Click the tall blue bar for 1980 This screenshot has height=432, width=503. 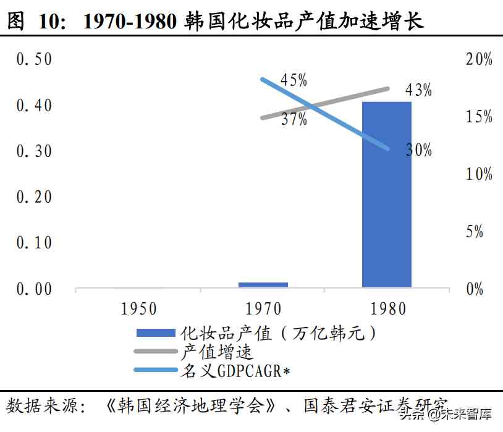(x=386, y=194)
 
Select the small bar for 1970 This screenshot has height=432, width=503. (x=263, y=285)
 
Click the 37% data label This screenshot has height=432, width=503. (x=294, y=119)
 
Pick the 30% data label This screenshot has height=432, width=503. (x=418, y=150)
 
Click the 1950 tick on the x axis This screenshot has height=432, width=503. (x=138, y=308)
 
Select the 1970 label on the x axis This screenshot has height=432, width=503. (x=263, y=308)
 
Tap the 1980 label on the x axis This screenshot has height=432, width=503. (x=387, y=308)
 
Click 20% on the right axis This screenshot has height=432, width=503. (x=478, y=60)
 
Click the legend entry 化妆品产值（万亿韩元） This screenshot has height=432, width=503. (x=278, y=334)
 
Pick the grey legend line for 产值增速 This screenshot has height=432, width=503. (x=156, y=352)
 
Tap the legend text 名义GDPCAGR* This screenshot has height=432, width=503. (x=235, y=371)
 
